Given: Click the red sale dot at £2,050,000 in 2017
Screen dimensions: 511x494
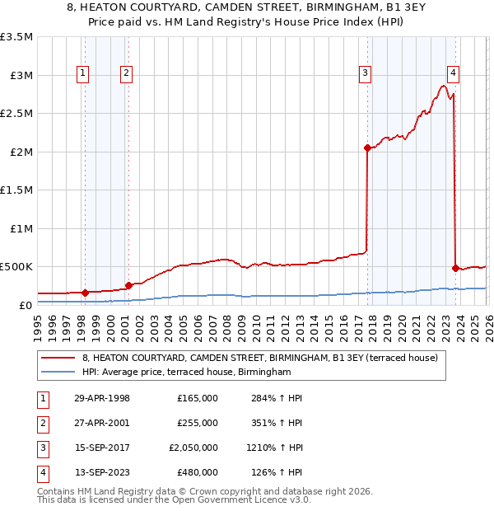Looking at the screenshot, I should coord(366,148).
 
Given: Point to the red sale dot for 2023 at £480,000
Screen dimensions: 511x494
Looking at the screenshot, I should coord(455,268).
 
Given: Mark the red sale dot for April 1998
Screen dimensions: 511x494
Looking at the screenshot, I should coord(85,292).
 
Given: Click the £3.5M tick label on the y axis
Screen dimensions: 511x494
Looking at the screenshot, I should coord(16,37).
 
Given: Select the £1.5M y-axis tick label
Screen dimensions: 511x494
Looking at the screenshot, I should coord(16,190).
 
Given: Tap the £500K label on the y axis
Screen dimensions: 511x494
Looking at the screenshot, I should coord(17,267).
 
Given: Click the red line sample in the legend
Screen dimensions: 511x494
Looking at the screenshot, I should coord(58,358).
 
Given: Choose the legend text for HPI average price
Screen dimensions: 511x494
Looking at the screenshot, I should coord(187,373).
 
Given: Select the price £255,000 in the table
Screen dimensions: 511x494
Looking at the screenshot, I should coord(198,423).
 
